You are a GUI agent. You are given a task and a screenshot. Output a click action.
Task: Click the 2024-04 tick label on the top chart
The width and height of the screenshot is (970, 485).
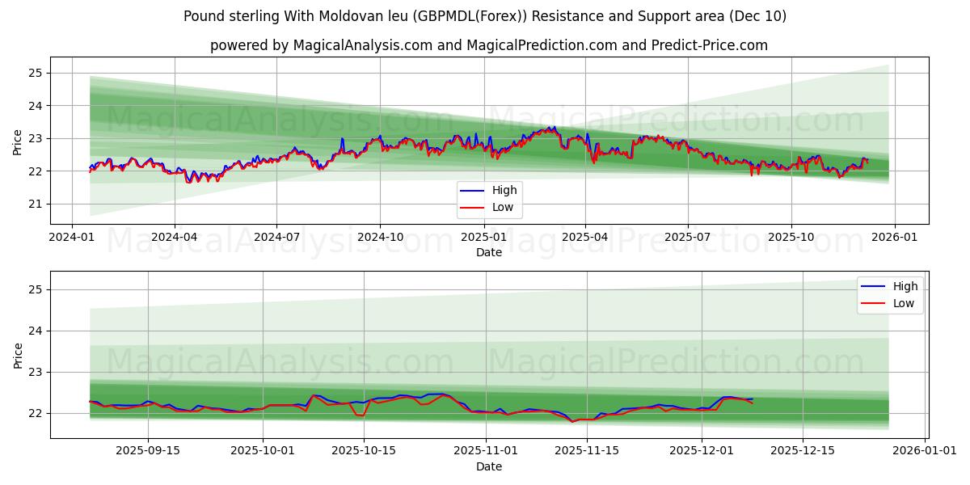(175, 236)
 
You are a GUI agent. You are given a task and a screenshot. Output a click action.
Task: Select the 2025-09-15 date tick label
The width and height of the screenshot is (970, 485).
(148, 450)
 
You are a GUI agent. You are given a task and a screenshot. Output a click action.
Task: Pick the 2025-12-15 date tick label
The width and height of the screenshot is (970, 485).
(802, 450)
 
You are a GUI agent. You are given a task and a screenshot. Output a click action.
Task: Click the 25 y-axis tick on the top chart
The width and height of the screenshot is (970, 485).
(36, 74)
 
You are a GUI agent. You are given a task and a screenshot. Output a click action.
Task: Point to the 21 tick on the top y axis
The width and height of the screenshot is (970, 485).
(36, 205)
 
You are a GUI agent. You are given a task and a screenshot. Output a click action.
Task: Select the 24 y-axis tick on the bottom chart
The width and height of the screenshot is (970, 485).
(36, 331)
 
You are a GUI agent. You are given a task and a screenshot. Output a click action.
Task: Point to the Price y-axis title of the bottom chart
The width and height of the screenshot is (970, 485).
(18, 355)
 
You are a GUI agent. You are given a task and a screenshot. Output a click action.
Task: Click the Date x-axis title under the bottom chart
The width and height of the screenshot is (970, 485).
(488, 466)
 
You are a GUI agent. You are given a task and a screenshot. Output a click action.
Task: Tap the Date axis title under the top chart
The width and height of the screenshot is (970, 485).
(488, 252)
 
